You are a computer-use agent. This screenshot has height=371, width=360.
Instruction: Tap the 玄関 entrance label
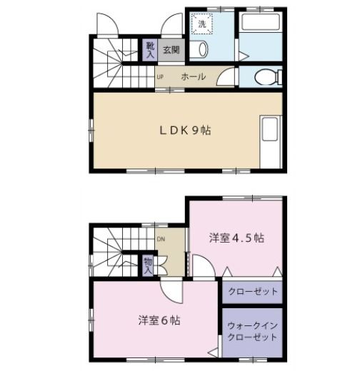click(x=170, y=50)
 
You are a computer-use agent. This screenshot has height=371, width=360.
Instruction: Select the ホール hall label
click(x=193, y=77)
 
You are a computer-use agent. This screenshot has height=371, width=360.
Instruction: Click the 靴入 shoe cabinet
click(x=150, y=49)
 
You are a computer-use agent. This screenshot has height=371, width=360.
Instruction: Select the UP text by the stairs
click(x=160, y=77)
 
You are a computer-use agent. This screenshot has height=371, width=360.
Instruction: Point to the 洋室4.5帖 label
click(x=236, y=238)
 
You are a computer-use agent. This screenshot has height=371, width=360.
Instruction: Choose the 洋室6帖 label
click(x=159, y=321)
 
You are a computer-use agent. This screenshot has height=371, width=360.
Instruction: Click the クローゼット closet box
click(x=253, y=291)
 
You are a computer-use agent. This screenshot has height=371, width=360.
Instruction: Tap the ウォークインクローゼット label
click(x=253, y=330)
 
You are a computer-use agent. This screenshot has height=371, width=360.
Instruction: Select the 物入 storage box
click(x=147, y=266)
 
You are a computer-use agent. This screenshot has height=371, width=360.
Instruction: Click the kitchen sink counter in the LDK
click(x=271, y=140)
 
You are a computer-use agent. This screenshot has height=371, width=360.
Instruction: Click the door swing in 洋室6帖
click(x=172, y=290)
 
